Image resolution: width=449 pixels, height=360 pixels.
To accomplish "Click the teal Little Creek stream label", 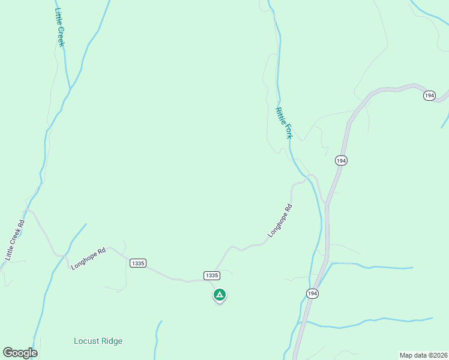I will (x=59, y=28).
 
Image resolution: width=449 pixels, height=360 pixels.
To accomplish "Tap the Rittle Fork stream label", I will (x=283, y=123).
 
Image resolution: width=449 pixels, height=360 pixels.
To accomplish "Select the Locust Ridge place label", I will (x=98, y=341).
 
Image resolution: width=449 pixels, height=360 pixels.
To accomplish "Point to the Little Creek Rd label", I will (x=15, y=240).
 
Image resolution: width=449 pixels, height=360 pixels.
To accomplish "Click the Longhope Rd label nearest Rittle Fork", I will (x=280, y=221).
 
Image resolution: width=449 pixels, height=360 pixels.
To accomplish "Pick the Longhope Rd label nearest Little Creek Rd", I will (x=88, y=258).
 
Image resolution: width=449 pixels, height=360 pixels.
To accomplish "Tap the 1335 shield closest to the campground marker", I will (x=211, y=275).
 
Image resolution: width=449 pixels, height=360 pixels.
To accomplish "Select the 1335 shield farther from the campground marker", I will (x=137, y=263).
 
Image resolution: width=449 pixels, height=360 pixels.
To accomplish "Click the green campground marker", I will (x=220, y=295).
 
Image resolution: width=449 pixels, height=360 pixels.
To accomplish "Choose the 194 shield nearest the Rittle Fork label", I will (x=341, y=160).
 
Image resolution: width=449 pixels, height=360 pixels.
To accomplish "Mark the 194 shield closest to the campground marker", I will (x=312, y=293).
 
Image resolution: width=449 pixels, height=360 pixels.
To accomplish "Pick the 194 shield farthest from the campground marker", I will (x=429, y=95).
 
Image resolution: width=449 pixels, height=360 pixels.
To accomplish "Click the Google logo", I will (x=20, y=353).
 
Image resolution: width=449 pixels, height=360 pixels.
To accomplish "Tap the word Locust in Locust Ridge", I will (x=85, y=341).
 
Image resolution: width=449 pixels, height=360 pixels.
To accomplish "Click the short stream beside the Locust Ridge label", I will (x=157, y=339).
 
